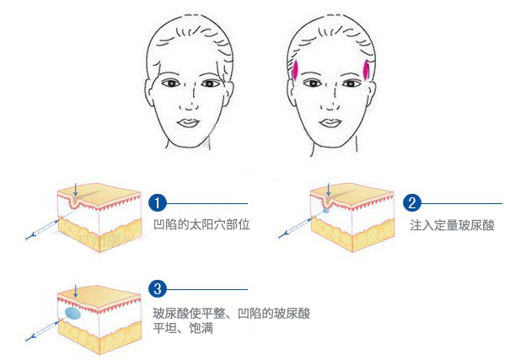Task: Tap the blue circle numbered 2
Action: (x=412, y=202)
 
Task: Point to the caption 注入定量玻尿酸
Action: (x=453, y=225)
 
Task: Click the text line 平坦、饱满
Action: (x=183, y=329)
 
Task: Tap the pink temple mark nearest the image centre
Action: (x=297, y=71)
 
